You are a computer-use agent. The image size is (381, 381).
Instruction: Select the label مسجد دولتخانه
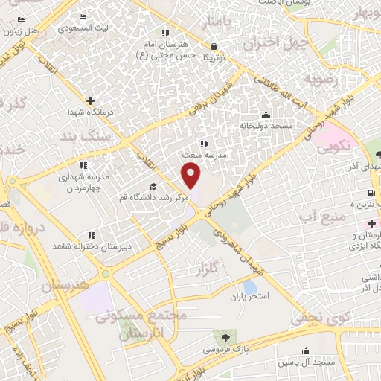[x=266, y=127]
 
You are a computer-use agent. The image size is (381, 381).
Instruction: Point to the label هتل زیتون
[x=21, y=31]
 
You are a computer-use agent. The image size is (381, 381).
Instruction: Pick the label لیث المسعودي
[x=81, y=27]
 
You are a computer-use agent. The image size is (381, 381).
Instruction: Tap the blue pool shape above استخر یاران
[x=250, y=286]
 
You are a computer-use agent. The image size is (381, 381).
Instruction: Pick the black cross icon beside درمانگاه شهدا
[x=91, y=100]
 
